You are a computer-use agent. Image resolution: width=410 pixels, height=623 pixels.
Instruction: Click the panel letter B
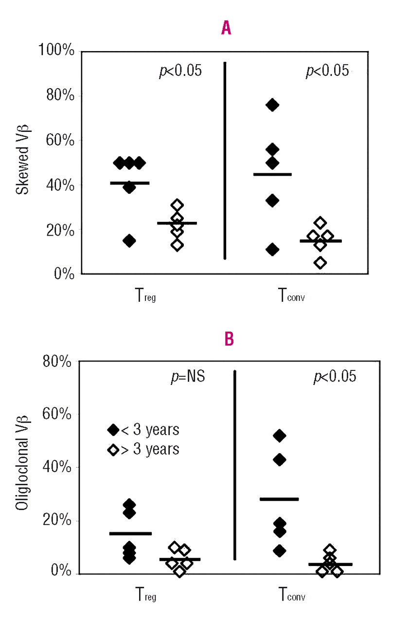[x=229, y=339]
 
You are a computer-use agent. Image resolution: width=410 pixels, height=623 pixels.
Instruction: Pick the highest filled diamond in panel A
[x=272, y=105]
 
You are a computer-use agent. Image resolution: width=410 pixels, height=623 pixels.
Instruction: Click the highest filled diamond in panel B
[x=279, y=435]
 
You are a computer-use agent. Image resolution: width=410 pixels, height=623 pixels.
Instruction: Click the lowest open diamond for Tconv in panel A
[x=320, y=263]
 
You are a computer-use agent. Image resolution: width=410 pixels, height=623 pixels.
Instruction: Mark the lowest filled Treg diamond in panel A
[x=129, y=240]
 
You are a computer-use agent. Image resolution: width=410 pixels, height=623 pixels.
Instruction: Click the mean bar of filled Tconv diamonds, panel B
[x=279, y=499]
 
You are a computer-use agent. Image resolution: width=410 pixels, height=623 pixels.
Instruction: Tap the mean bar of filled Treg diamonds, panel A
[x=129, y=183]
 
